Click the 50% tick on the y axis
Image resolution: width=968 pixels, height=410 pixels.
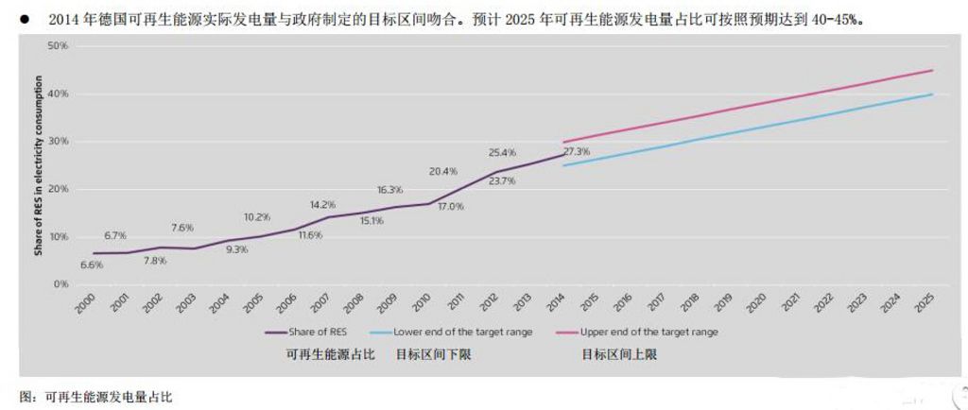coord(59,46)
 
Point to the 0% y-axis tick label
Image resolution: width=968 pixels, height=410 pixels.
coord(60,284)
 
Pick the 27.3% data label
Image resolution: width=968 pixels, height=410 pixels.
coord(577,151)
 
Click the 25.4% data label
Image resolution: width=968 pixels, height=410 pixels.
coord(503,151)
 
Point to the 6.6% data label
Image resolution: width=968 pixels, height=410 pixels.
coord(92,265)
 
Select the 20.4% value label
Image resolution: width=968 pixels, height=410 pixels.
coord(443,172)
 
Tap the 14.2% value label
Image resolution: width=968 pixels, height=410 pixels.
coord(322,204)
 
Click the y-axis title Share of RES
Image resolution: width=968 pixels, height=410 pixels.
coord(39,165)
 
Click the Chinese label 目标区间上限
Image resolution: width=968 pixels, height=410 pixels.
coord(618,355)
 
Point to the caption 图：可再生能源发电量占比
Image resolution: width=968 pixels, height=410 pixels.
coord(95,398)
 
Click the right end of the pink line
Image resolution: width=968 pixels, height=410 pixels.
coord(932,70)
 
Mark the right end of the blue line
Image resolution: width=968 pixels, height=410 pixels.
coord(932,94)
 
